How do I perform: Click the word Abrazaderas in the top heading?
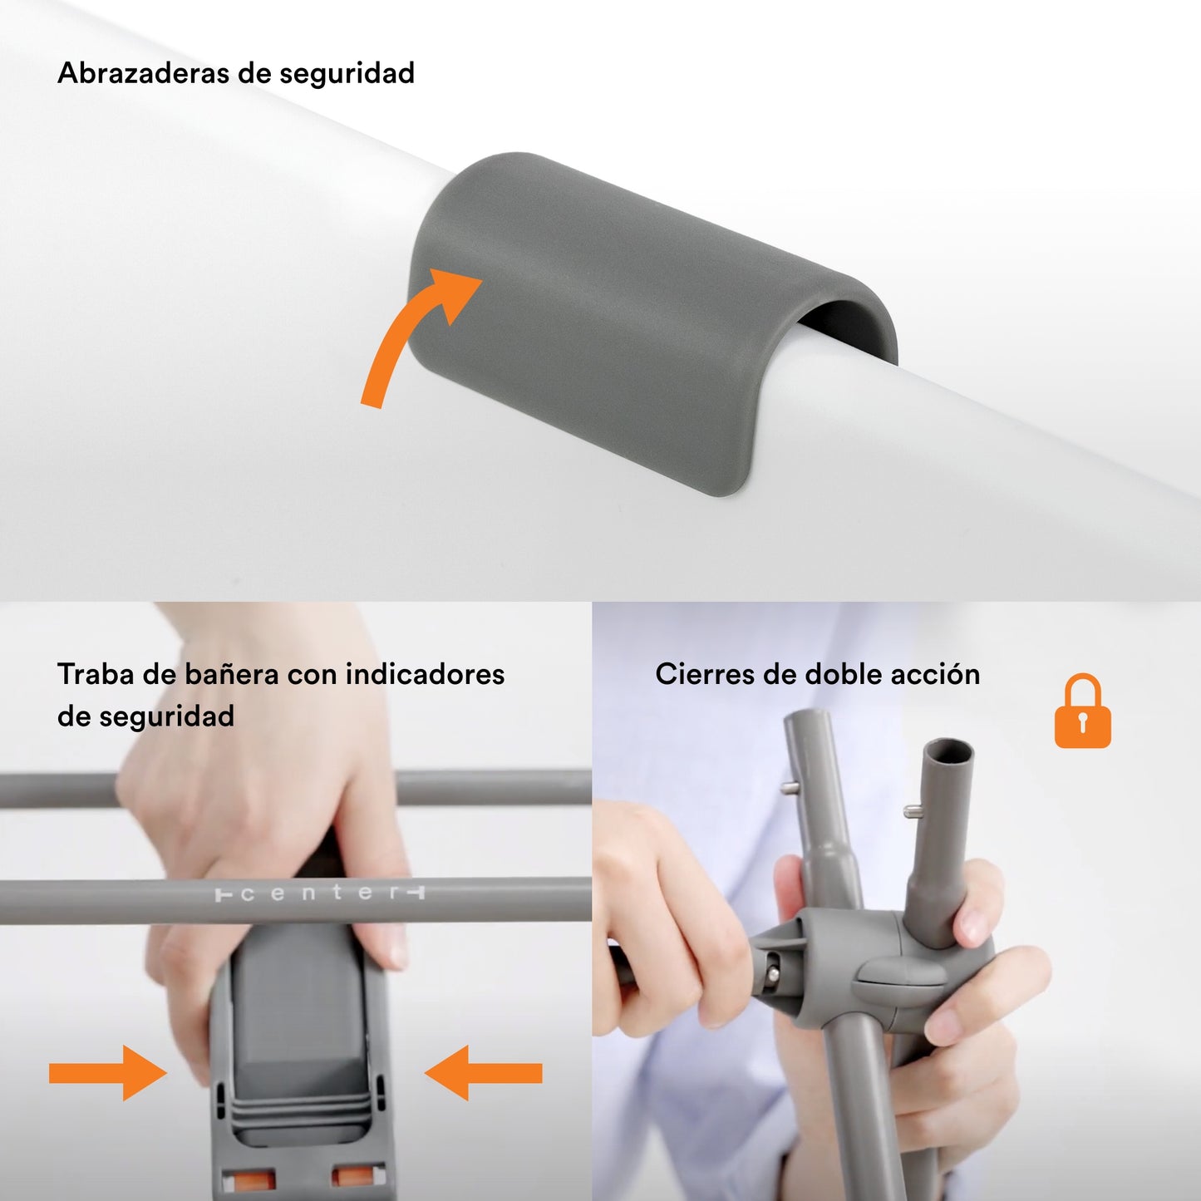pos(142,73)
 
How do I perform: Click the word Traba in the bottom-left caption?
pos(96,674)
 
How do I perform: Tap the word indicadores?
pos(425,674)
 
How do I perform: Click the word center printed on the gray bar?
pos(320,894)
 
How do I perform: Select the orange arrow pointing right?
pos(108,1073)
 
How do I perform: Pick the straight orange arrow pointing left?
pos(483,1073)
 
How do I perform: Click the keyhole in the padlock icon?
pos(1083,721)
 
